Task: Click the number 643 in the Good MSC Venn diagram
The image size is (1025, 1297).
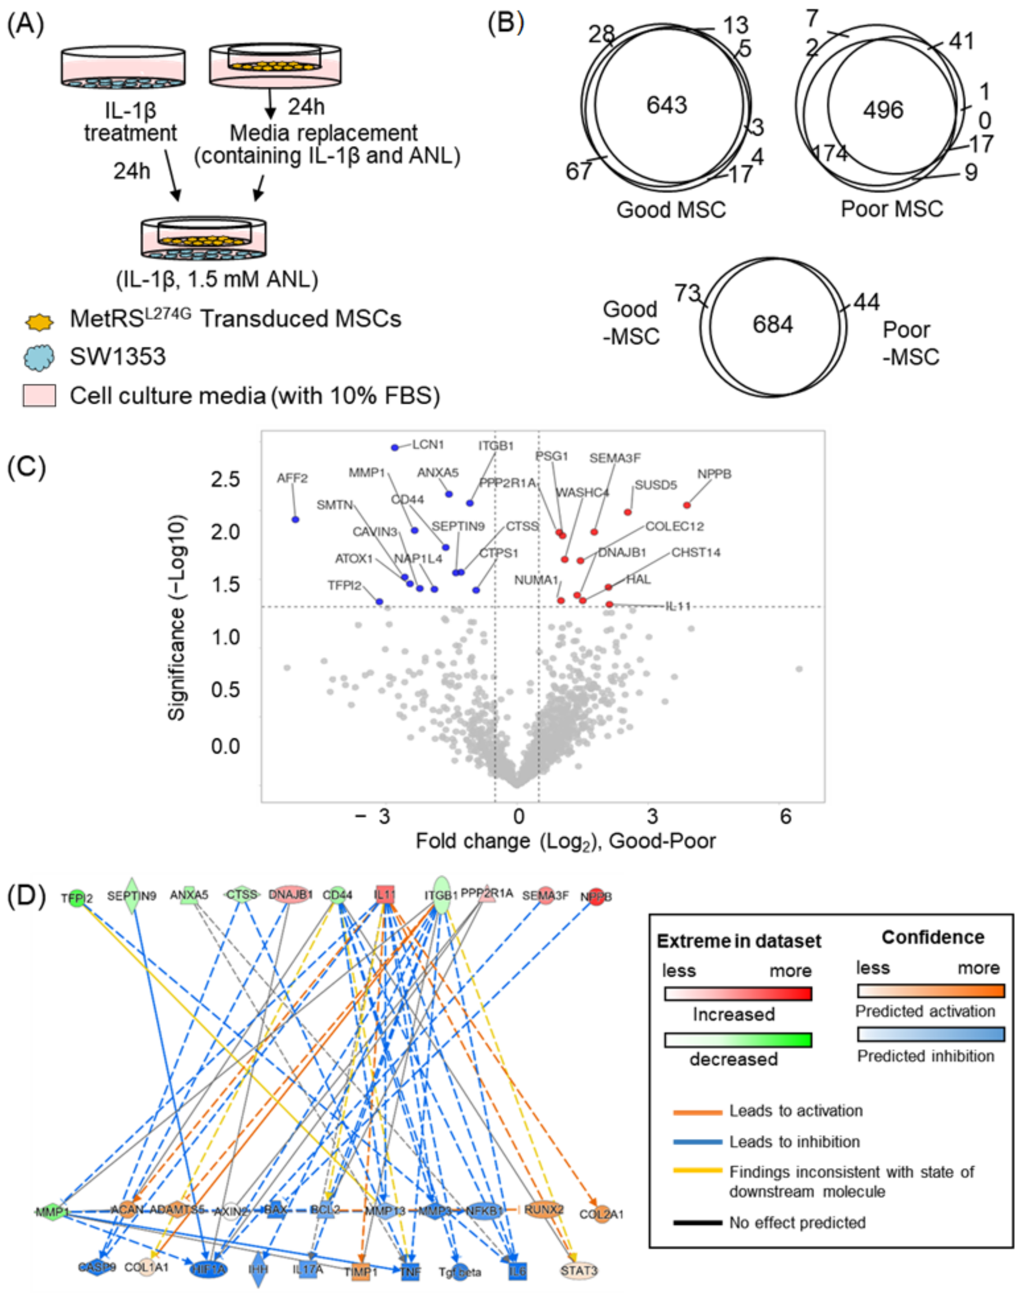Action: [x=666, y=106]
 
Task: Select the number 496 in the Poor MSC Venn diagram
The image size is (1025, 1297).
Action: [x=883, y=110]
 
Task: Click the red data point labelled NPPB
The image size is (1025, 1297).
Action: [x=687, y=505]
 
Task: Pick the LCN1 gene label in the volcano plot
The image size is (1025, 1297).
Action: [x=428, y=445]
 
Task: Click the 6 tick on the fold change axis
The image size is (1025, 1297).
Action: [x=786, y=816]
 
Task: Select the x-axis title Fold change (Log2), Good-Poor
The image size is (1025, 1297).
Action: [x=565, y=841]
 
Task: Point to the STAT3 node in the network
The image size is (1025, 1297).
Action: [x=579, y=1271]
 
